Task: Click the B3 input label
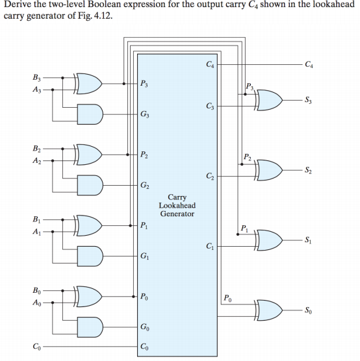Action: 36,77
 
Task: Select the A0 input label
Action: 36,303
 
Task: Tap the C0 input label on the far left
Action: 36,347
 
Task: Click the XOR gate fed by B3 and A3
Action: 88,84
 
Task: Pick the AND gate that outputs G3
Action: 90,114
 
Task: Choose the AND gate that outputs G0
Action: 90,327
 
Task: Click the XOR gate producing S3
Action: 268,100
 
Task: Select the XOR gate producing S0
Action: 268,310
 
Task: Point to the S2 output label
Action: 309,170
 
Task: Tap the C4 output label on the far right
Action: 309,64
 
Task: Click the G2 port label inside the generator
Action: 145,185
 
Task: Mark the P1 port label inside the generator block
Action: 144,225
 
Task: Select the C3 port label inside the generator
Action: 210,106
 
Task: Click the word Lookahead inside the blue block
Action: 177,205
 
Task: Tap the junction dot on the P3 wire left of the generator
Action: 123,84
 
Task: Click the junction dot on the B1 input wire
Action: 62,219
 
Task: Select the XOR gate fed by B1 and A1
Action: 88,225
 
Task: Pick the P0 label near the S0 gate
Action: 227,298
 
